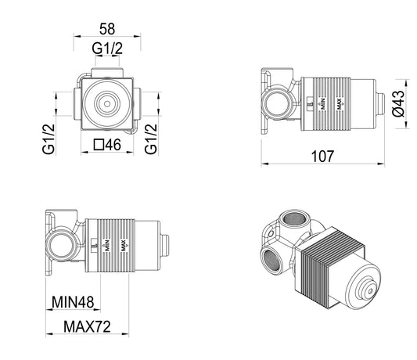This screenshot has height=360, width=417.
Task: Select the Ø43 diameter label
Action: (x=397, y=102)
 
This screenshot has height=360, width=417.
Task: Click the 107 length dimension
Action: (x=321, y=156)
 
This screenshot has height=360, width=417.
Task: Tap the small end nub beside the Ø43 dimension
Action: (x=381, y=102)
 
